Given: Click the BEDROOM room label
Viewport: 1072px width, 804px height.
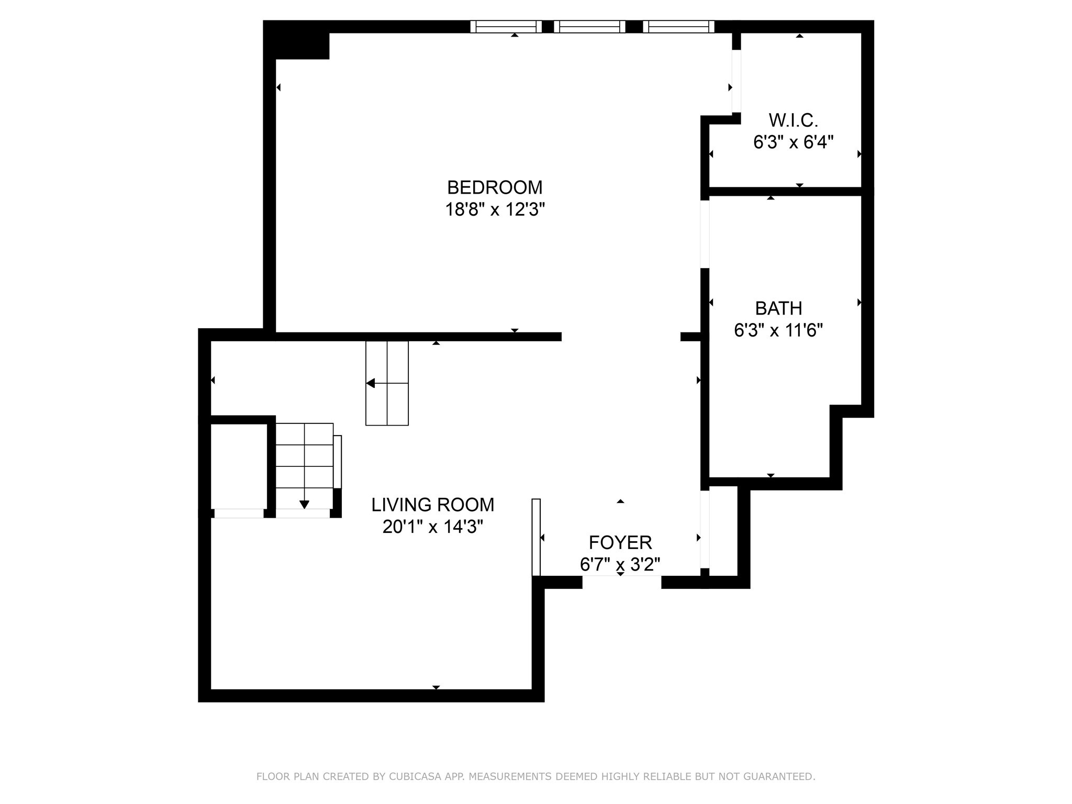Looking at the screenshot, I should click(x=495, y=187).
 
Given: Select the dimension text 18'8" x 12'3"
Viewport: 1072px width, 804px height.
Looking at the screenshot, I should click(x=495, y=210).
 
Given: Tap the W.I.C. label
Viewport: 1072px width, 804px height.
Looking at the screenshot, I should click(x=793, y=120).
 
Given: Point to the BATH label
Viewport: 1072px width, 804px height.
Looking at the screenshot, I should click(x=778, y=308).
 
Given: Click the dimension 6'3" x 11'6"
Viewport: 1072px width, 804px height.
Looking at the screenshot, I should click(x=778, y=331).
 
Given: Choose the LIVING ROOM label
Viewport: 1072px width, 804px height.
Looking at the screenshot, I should click(x=433, y=505).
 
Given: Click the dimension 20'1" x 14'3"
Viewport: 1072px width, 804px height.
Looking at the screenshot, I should click(x=433, y=527).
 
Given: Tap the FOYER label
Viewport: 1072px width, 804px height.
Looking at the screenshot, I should click(x=620, y=542).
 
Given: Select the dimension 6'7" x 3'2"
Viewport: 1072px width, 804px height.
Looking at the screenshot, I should click(x=620, y=565).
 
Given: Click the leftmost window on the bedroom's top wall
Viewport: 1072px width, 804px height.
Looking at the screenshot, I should click(x=506, y=27).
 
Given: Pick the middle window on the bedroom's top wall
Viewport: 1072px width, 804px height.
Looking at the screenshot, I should click(x=589, y=27).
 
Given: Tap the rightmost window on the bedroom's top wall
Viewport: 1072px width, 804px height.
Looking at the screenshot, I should click(x=678, y=27).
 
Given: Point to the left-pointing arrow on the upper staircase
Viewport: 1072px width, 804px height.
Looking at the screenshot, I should click(x=371, y=383).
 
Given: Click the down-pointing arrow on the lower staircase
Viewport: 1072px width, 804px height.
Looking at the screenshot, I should click(x=304, y=505).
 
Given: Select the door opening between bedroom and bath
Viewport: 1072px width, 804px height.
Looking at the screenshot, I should click(x=705, y=234).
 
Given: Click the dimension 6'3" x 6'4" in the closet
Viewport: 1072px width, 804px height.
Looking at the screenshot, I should click(x=793, y=142).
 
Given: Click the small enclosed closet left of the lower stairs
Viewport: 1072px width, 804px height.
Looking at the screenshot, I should click(x=239, y=466).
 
